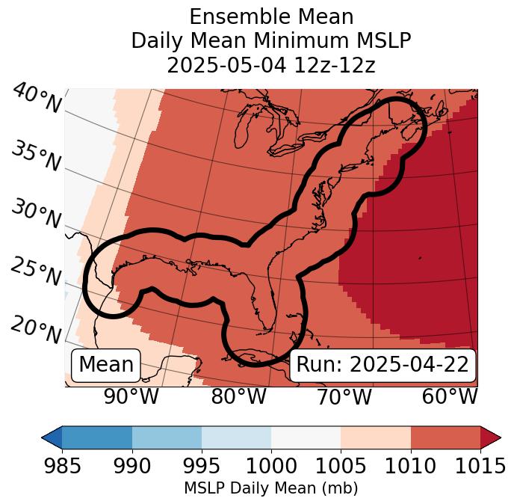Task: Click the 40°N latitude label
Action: (x=37, y=99)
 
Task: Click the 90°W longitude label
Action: (x=131, y=397)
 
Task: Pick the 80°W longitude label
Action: (x=239, y=397)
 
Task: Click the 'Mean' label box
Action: (x=106, y=365)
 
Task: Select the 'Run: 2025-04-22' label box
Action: (x=383, y=365)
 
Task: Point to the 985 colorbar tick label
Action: (x=62, y=466)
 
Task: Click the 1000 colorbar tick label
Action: (x=271, y=466)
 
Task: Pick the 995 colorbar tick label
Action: (x=202, y=466)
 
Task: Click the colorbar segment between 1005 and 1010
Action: (x=376, y=437)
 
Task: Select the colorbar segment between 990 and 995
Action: (x=167, y=437)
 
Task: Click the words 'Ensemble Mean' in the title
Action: (x=271, y=16)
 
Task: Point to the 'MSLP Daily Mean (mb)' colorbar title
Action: (x=271, y=488)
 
